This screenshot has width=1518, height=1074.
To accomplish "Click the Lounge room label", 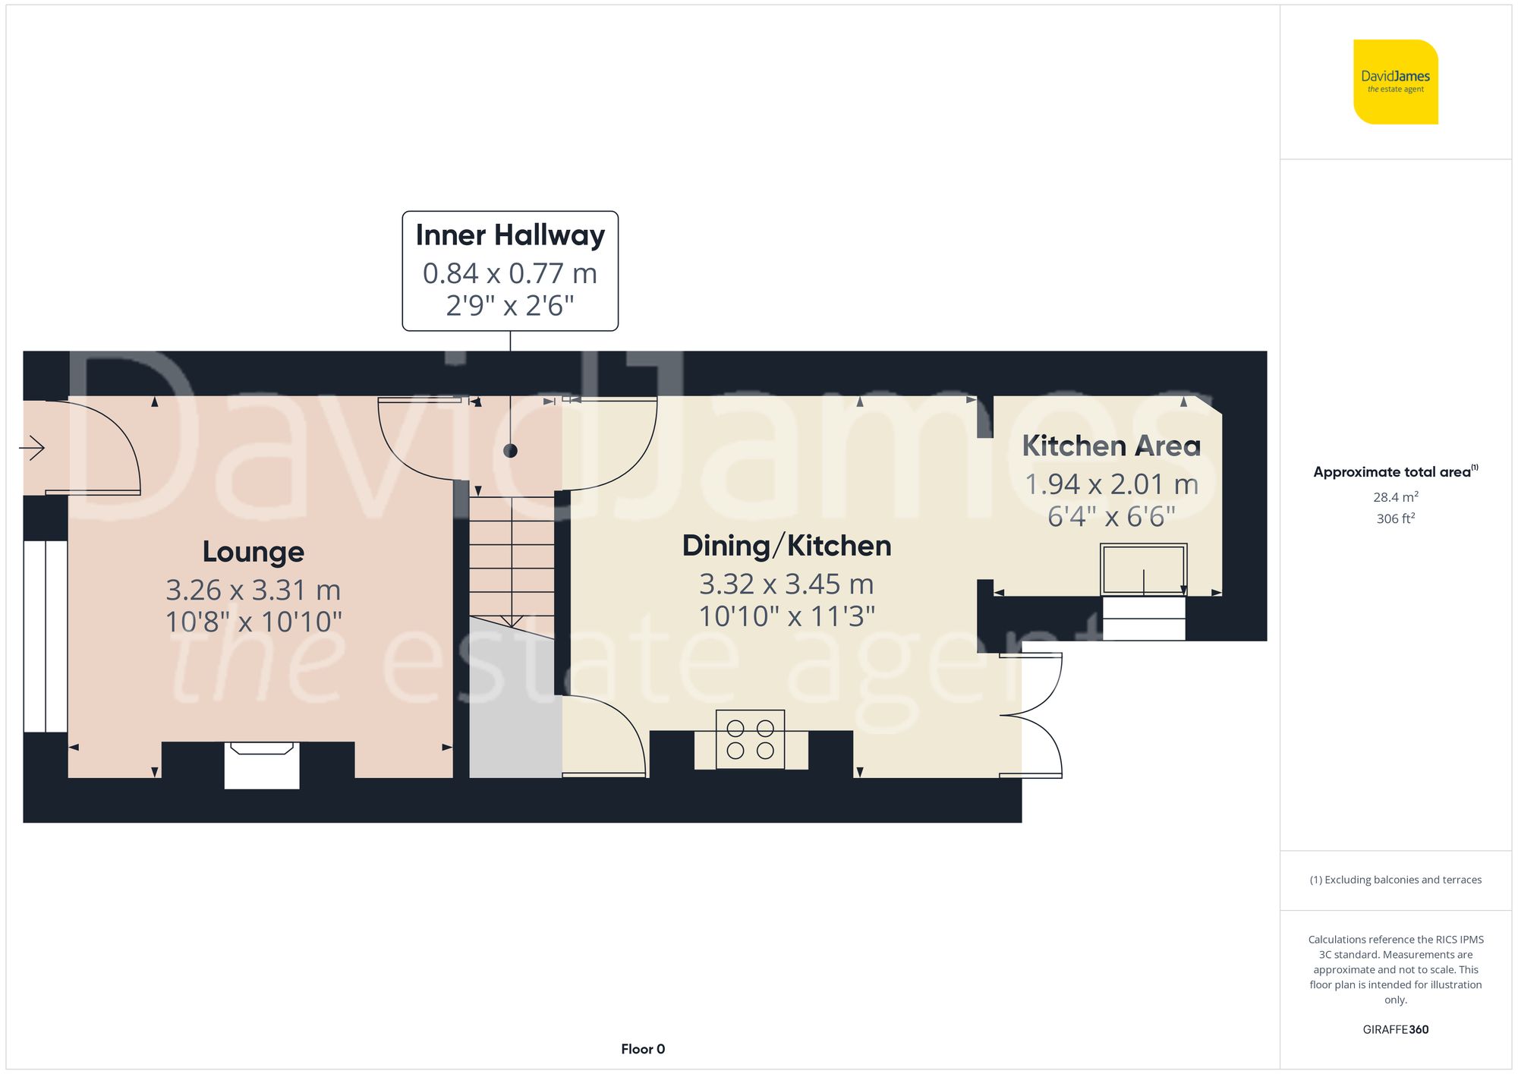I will (253, 552).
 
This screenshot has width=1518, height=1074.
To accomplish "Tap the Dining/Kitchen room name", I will (786, 546).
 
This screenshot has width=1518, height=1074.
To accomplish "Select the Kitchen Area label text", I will (1111, 446).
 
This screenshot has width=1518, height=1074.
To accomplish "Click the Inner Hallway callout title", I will (510, 235).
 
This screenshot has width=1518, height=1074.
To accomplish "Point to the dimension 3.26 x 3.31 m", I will (253, 590).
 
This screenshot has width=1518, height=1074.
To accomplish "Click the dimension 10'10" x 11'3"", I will (786, 616).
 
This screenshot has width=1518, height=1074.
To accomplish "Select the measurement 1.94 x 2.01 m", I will (1111, 483).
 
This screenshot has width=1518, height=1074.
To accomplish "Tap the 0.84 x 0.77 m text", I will (510, 273).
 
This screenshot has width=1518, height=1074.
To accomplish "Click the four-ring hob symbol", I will (750, 739).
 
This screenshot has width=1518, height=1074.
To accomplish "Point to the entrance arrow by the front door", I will (32, 448).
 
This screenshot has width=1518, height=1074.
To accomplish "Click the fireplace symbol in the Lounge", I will (262, 764).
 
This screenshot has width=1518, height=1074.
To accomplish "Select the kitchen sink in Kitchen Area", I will (1144, 569).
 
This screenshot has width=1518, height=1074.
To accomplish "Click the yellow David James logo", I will (1395, 82).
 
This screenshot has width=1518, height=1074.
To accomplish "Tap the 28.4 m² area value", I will (1395, 497).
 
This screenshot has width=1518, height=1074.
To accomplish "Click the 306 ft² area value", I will (1395, 518).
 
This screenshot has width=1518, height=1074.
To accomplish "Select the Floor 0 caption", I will (643, 1049).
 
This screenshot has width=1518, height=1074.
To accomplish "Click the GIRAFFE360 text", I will (1395, 1029).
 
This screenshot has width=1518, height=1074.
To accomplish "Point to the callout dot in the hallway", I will (510, 451).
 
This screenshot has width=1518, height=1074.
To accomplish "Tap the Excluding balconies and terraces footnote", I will (1395, 880).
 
